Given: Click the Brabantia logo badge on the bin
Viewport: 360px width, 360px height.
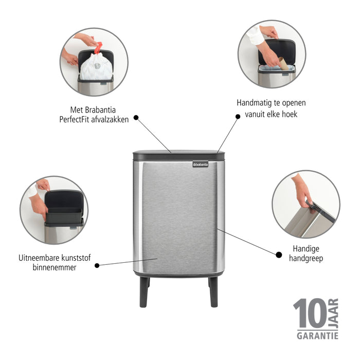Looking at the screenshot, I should [x=201, y=164].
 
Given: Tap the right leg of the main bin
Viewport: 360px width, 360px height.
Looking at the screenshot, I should [x=213, y=292].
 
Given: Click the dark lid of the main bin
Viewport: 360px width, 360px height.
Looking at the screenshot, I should [x=179, y=154].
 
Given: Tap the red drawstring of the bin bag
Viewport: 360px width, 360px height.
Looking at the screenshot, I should [x=98, y=48].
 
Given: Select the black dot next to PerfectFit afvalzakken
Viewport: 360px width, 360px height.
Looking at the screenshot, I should [x=136, y=117].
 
